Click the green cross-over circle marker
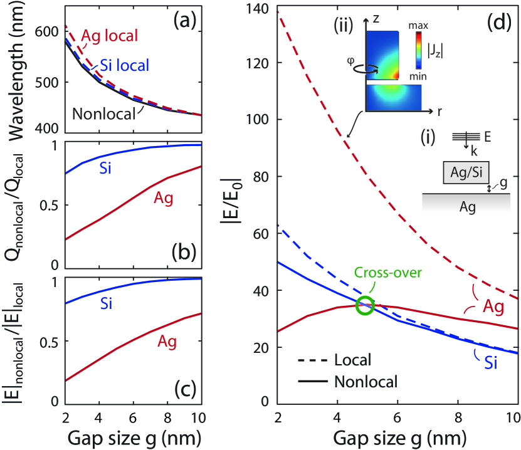(x=365, y=306)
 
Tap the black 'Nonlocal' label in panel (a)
(x=104, y=113)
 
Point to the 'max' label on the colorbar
(x=415, y=26)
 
